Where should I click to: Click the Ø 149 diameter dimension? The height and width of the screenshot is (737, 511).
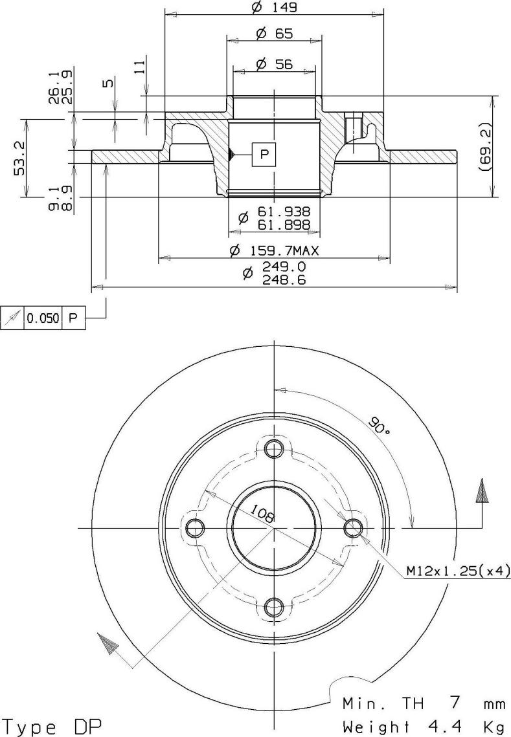coord(273,8)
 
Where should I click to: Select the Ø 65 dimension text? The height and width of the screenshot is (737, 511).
coord(275,34)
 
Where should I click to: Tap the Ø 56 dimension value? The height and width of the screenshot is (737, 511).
coord(275,63)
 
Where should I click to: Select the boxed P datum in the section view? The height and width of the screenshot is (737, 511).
coord(264,154)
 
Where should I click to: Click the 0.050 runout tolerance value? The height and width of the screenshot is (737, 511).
coord(43,318)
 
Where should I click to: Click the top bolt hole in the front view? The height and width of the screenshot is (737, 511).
coord(275,448)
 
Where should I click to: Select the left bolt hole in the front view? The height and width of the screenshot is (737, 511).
coord(194,529)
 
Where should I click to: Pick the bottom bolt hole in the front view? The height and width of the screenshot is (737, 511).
coord(275,606)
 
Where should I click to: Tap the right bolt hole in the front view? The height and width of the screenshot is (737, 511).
coord(353,528)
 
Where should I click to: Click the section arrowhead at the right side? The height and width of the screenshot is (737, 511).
coord(482,492)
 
